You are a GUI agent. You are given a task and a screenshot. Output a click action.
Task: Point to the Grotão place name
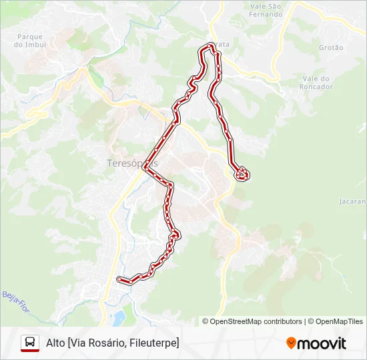click(x=331, y=48)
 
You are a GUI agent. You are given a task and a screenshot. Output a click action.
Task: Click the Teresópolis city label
click(x=132, y=163)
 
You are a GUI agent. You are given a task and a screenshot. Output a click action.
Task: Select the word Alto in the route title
click(x=55, y=343)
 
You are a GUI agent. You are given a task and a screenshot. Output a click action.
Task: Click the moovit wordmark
click(x=322, y=343)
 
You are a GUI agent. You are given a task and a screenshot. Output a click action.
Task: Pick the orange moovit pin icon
click(x=291, y=343)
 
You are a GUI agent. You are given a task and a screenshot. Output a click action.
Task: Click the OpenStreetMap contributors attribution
click(x=256, y=321)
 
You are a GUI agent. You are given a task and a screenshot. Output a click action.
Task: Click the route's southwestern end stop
click(x=119, y=279)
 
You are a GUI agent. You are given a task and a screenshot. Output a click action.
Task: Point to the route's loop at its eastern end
click(x=242, y=174)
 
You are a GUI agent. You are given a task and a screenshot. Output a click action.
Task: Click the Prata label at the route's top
click(x=222, y=44)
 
